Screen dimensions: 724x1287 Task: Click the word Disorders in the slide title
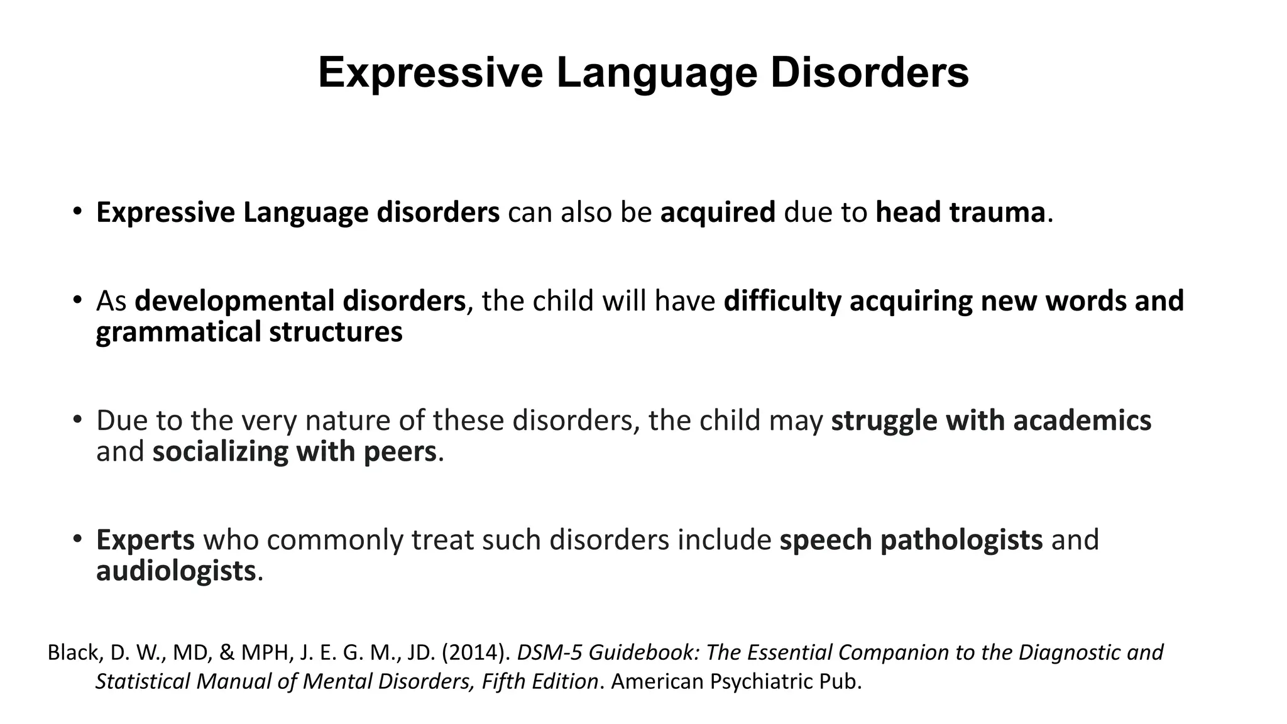tap(870, 73)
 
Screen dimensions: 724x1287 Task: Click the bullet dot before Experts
tap(77, 539)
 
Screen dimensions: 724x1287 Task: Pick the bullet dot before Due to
tap(77, 419)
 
